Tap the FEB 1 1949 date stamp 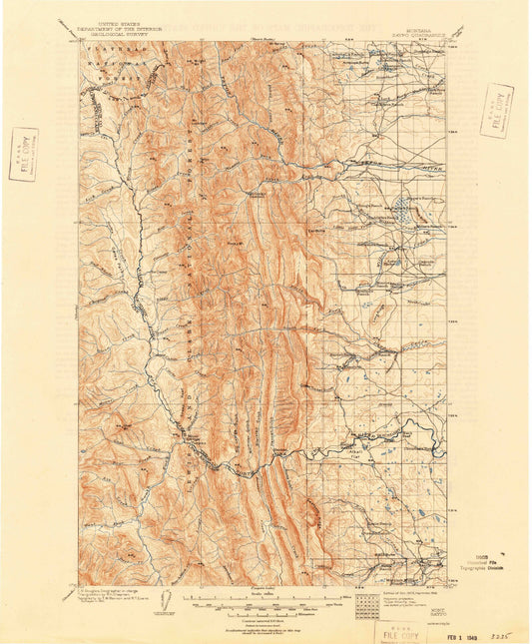pyautogui.click(x=448, y=627)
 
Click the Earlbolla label pyautogui.click(x=317, y=228)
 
